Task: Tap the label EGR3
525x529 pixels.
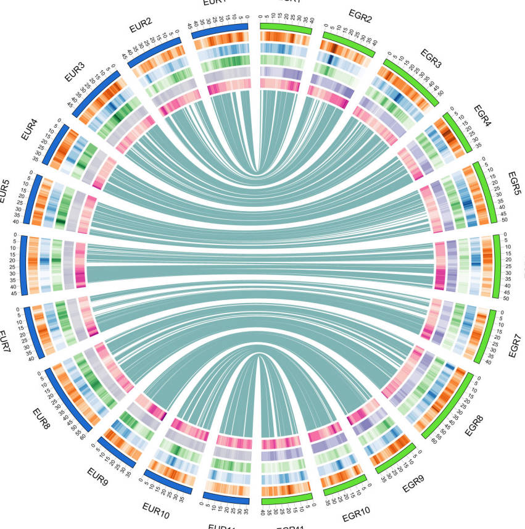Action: (x=430, y=59)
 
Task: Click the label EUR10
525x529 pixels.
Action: (x=155, y=510)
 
